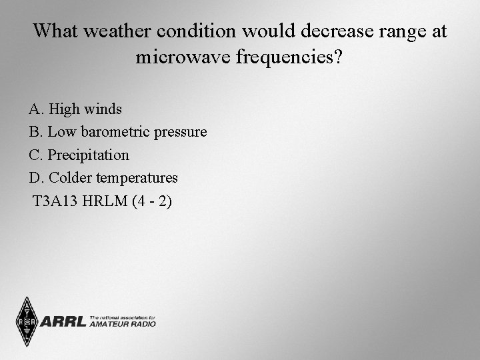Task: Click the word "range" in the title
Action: (397, 31)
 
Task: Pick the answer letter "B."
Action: (36, 132)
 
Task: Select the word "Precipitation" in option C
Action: (89, 155)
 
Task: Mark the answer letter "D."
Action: (37, 178)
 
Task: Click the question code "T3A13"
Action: (55, 201)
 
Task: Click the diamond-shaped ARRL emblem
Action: (27, 322)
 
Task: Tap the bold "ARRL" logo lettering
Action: (63, 322)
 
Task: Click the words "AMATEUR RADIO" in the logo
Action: (122, 324)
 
